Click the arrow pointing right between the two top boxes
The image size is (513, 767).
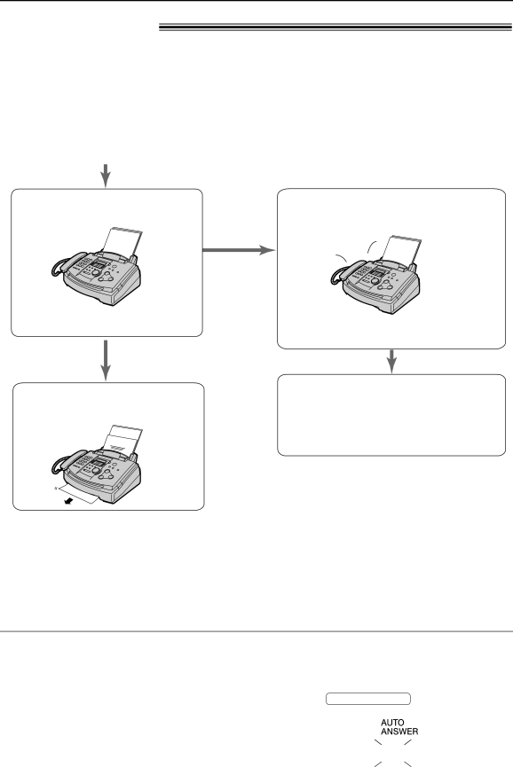(x=239, y=250)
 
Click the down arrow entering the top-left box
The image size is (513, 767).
(x=106, y=176)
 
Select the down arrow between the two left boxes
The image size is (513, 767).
(x=106, y=361)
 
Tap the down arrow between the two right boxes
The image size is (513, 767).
(x=391, y=362)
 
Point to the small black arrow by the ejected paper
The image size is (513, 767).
(x=72, y=501)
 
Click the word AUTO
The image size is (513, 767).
(x=392, y=723)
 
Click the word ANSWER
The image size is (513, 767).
(x=399, y=732)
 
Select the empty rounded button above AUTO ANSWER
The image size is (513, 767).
(x=368, y=699)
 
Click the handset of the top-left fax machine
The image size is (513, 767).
(x=63, y=264)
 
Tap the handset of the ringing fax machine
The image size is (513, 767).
(x=342, y=272)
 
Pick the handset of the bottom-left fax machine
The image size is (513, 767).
(x=63, y=462)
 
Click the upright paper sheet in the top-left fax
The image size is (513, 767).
(x=122, y=241)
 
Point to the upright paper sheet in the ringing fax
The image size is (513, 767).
(x=401, y=249)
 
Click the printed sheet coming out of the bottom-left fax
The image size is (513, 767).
(x=77, y=494)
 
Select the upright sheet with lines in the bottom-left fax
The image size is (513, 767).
(x=122, y=438)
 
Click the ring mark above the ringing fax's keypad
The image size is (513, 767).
(x=371, y=245)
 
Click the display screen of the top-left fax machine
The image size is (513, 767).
(x=99, y=264)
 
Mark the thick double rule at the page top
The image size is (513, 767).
(x=335, y=27)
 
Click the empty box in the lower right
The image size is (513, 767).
(x=391, y=415)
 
